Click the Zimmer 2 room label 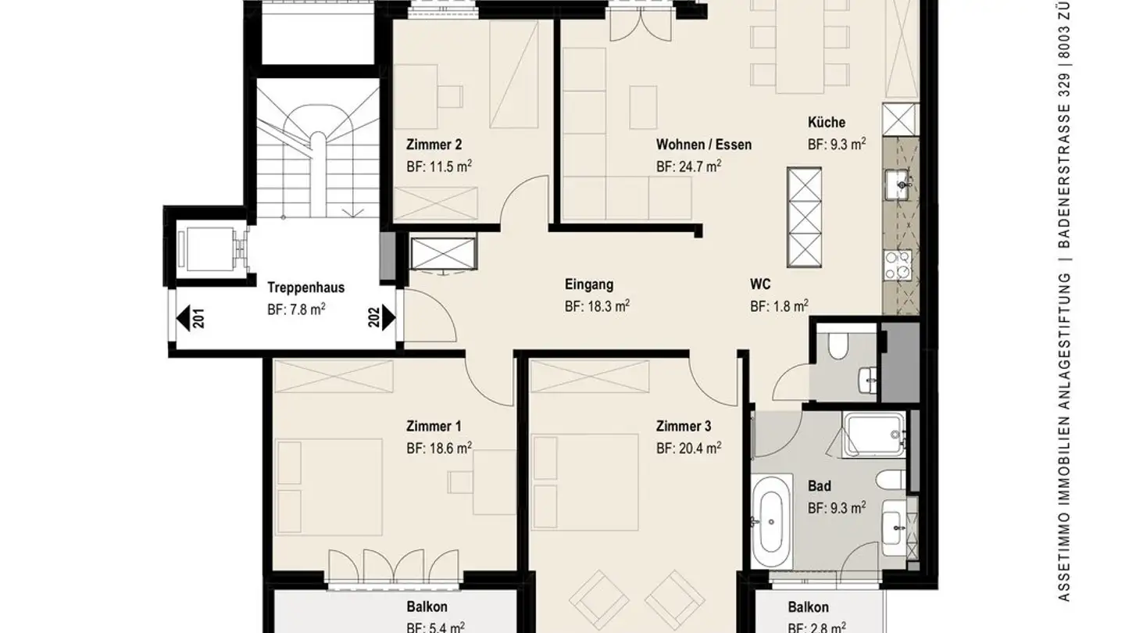point(434,145)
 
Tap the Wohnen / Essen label point(703,145)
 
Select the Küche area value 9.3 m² point(836,144)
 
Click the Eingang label point(588,285)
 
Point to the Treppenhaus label point(305,288)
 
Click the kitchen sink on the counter point(900,185)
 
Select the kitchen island point(805,217)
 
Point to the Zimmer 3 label point(684,427)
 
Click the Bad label point(819,486)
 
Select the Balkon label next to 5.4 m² point(427,607)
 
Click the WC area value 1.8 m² point(779,306)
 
